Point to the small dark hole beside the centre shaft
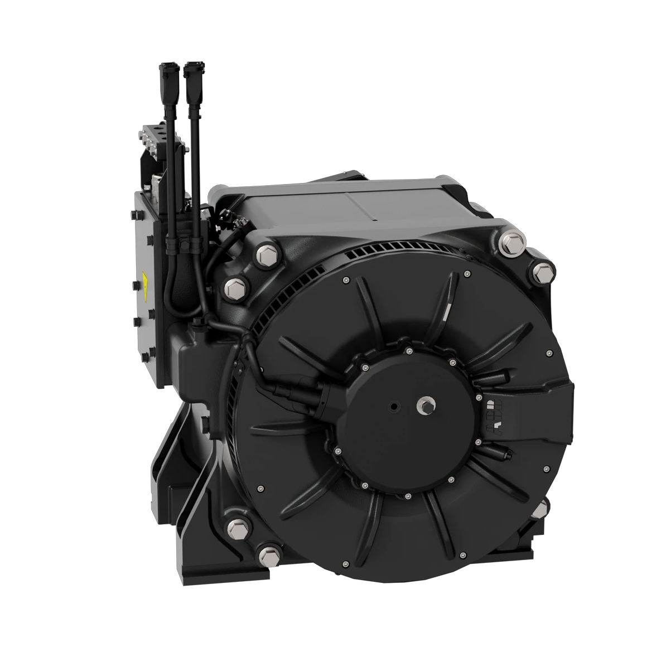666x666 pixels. click(395, 406)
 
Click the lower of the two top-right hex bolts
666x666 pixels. click(542, 272)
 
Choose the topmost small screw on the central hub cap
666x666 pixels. click(409, 351)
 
